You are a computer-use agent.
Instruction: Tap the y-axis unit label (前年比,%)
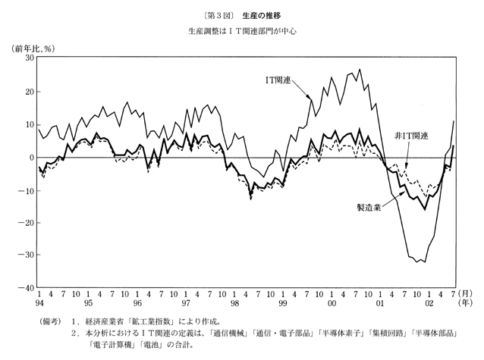31,49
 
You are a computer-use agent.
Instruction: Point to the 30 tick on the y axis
28,58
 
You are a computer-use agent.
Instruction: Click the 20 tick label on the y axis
28,92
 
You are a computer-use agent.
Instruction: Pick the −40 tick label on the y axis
26,288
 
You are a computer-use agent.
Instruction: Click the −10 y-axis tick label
26,190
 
